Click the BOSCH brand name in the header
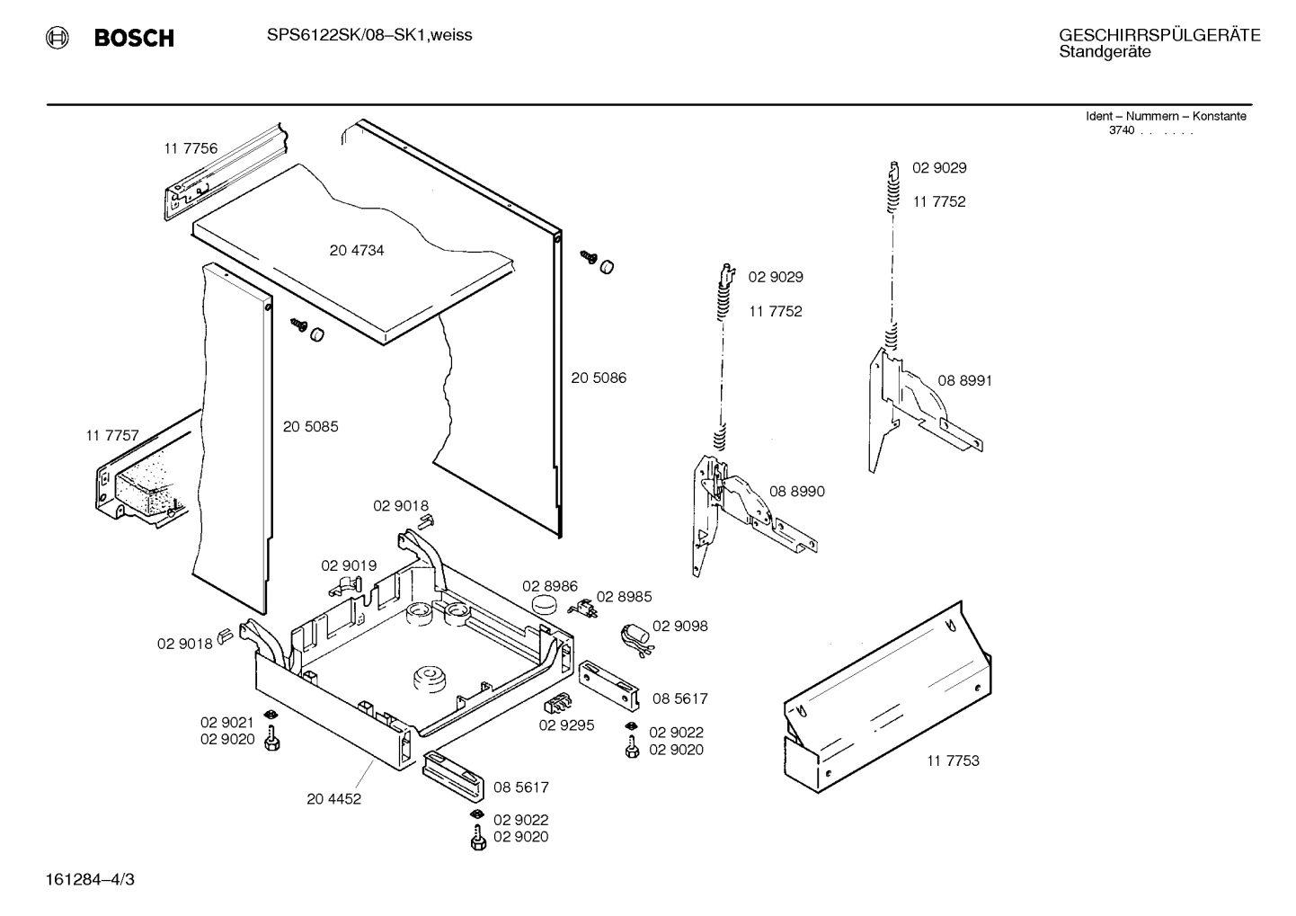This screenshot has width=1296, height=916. point(134,38)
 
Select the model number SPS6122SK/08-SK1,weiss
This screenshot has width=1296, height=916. point(369,35)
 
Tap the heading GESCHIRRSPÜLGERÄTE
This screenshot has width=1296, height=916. point(1159,35)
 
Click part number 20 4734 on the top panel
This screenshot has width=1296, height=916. point(357,251)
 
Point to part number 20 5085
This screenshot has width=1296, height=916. point(311,427)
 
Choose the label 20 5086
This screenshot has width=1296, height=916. point(599,378)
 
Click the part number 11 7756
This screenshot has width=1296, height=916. point(191,148)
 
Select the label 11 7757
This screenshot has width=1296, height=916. point(112,436)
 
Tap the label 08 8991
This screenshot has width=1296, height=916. point(964,380)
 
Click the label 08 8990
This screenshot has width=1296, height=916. point(796,492)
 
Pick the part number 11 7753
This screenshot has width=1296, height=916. point(953,760)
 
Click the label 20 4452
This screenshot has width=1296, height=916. point(333,798)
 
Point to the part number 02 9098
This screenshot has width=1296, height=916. point(679,627)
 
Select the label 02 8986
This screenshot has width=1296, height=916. point(550,586)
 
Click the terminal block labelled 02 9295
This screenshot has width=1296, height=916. point(558,704)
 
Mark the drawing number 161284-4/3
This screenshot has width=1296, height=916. point(88,879)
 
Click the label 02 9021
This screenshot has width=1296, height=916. point(226,722)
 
